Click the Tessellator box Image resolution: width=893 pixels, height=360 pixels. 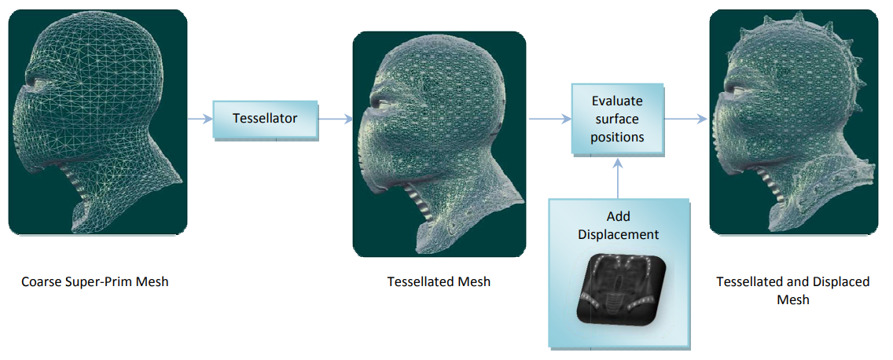266,120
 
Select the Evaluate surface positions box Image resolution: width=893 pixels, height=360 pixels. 617,119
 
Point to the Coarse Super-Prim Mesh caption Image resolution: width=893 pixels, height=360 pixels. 94,282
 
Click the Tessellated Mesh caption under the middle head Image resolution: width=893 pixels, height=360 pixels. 439,282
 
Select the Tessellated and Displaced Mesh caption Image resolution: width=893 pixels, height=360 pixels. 792,290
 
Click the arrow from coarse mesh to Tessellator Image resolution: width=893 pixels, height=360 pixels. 200,119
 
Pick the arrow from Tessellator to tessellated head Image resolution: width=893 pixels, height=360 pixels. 336,119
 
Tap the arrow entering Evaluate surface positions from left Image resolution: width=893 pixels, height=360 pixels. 549,119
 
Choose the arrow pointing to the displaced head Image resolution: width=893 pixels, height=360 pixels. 685,119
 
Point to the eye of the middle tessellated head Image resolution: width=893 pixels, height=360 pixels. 381,102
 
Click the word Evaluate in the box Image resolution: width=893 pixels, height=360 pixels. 617,101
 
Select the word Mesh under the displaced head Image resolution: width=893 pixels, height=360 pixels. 792,299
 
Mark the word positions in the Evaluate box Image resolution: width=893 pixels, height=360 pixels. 617,138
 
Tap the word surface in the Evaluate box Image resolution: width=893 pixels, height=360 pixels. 617,119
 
